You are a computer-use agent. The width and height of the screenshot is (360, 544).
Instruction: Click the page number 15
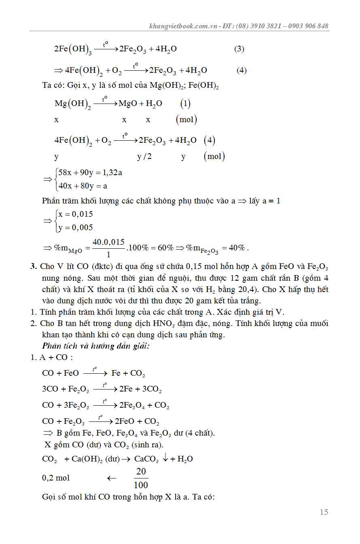pos(324,512)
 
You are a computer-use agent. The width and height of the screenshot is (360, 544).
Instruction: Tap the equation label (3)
pos(239,49)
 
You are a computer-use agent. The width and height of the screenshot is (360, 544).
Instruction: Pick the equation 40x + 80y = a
pos(83,186)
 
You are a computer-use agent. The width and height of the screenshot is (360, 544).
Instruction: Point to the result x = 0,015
pos(75,214)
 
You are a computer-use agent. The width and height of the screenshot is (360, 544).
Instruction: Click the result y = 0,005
pos(75,228)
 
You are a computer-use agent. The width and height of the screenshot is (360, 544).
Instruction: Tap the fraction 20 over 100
pos(141,478)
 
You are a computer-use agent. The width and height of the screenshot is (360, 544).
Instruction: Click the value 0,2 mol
pos(56,478)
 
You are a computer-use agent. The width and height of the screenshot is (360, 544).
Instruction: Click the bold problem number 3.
pos(34,267)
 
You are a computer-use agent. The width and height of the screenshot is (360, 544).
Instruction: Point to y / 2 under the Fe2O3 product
pos(144,157)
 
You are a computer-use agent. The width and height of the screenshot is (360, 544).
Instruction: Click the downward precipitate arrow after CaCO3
pos(165,459)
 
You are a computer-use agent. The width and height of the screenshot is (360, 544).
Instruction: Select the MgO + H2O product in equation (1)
pos(140,104)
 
